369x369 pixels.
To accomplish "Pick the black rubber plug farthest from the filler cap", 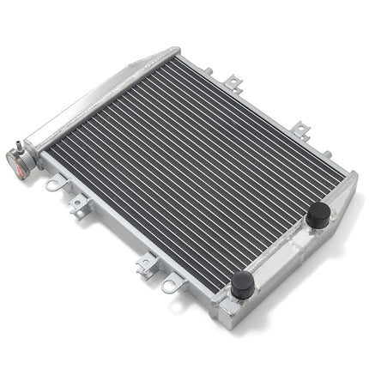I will tap(318, 215).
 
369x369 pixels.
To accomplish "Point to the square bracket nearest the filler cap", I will tap(79, 204).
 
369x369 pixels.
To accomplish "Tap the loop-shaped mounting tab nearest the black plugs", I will tap(172, 284).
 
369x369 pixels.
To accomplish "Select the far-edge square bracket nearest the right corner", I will tap(300, 130).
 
